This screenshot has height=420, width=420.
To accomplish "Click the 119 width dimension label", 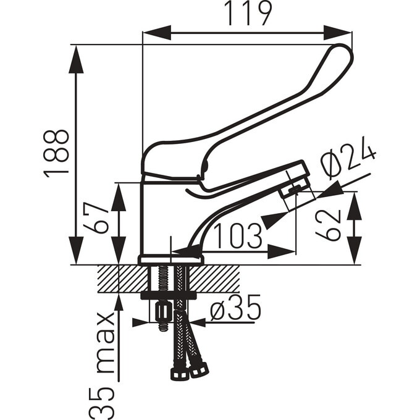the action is click(x=248, y=13).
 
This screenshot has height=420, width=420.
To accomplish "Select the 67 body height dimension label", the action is click(x=96, y=219).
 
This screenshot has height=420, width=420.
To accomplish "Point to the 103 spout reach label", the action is click(x=237, y=236).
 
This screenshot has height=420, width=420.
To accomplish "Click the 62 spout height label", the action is click(x=328, y=225).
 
